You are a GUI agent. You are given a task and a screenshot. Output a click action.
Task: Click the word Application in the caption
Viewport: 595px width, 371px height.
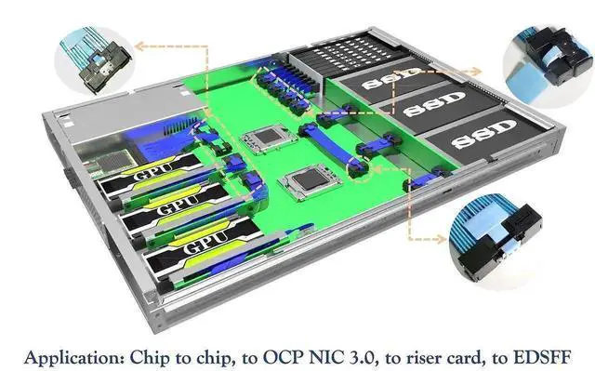[73, 358]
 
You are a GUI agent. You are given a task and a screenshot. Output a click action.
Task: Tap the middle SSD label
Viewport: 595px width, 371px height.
[434, 103]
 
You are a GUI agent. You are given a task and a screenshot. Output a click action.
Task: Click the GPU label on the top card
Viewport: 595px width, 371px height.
[153, 172]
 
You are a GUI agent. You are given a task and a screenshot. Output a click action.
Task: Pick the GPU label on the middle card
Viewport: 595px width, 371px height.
[178, 205]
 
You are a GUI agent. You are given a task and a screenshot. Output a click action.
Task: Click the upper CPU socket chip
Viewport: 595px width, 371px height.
[269, 138]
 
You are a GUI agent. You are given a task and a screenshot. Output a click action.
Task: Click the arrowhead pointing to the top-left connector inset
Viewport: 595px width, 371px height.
[140, 46]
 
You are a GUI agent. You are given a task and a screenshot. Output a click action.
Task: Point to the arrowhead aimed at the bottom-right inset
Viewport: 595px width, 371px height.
[442, 239]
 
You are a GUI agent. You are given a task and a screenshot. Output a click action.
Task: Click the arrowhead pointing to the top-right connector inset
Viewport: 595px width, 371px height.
[477, 72]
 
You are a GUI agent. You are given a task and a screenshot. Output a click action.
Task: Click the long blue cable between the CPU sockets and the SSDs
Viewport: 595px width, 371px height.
[329, 146]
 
